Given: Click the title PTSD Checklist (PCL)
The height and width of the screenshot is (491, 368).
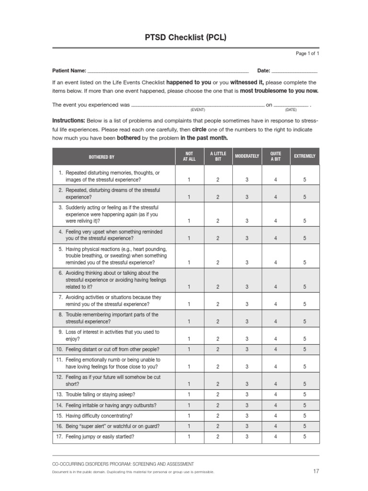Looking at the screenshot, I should click(x=185, y=37).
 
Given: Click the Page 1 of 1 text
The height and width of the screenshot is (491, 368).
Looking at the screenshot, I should click(x=307, y=54).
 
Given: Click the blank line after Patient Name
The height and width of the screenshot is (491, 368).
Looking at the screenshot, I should click(x=168, y=71).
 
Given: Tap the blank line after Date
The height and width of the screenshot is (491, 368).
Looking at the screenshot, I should click(x=295, y=71).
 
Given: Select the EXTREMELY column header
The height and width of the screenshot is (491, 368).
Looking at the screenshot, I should click(x=305, y=156).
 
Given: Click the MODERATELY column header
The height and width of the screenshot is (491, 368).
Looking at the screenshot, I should click(x=247, y=156).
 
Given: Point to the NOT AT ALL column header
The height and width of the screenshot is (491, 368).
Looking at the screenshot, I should click(x=189, y=156).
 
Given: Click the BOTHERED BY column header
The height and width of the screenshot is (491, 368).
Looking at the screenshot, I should click(x=102, y=157).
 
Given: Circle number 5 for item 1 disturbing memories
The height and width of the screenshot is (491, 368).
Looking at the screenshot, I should click(x=305, y=180).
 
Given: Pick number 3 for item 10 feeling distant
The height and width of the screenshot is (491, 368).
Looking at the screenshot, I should click(x=247, y=350).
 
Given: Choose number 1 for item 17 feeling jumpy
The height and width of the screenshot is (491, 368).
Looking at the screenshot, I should click(x=189, y=437).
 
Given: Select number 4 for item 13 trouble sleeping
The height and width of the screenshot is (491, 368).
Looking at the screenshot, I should click(x=276, y=395).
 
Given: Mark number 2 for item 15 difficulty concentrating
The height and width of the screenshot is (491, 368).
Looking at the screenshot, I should click(x=218, y=416).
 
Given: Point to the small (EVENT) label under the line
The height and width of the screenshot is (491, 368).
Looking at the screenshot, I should click(x=197, y=110).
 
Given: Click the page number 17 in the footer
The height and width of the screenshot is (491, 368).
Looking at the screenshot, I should click(x=316, y=471).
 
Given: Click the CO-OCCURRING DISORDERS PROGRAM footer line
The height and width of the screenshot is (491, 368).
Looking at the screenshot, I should click(x=123, y=464).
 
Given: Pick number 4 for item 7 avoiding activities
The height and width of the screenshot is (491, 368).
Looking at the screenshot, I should click(x=276, y=304).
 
